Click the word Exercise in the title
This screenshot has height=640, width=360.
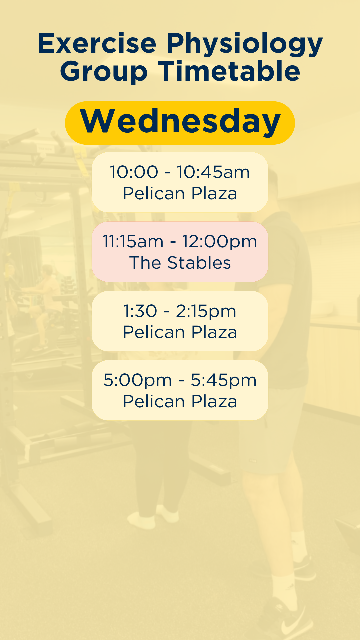[x=97, y=43]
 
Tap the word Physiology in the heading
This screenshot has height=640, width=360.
[x=245, y=45]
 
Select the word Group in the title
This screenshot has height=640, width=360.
[x=104, y=72]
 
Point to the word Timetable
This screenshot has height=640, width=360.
[x=229, y=71]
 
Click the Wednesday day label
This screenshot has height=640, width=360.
[x=180, y=121]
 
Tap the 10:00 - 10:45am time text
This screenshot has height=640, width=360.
[x=180, y=172]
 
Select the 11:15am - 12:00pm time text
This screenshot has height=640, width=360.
[x=180, y=241]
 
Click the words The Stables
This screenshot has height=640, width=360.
[x=180, y=263]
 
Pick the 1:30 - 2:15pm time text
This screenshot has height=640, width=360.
[x=180, y=311]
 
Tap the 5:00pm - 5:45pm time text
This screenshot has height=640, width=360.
[x=180, y=380]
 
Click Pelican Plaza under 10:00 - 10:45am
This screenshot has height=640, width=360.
[x=180, y=193]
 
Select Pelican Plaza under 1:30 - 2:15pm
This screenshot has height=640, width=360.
[x=180, y=332]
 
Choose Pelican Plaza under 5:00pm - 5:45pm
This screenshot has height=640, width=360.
[x=180, y=401]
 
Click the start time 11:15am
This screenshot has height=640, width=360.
[x=133, y=241]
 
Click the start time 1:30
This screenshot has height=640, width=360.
[x=140, y=311]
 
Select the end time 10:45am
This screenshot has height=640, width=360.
[x=213, y=172]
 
